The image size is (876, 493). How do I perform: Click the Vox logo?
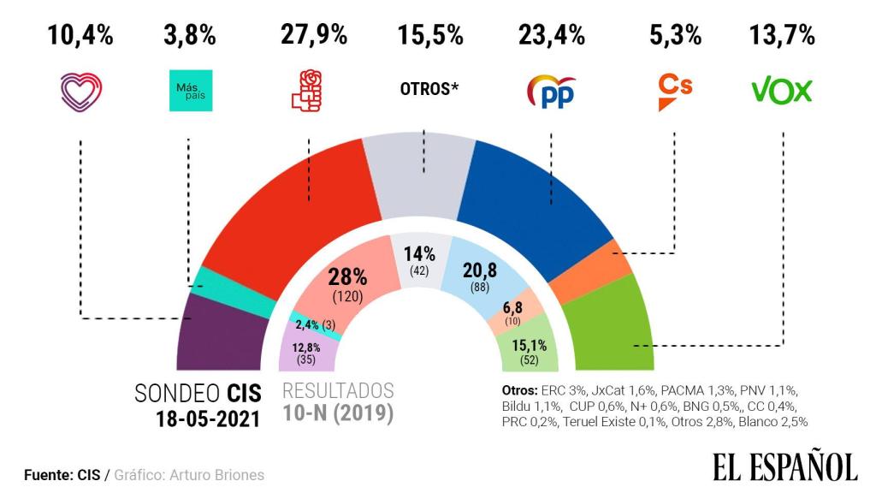pyautogui.click(x=781, y=90)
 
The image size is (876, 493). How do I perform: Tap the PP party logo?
pyautogui.click(x=551, y=91)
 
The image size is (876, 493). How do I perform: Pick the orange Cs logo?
pyautogui.click(x=674, y=91)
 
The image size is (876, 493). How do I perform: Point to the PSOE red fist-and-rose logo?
pyautogui.click(x=305, y=91)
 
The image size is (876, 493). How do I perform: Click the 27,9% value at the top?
pyautogui.click(x=314, y=35)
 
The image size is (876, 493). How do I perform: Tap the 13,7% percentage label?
pyautogui.click(x=782, y=35)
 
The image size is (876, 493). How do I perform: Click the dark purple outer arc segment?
pyautogui.click(x=218, y=334)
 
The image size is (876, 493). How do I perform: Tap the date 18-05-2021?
pyautogui.click(x=205, y=419)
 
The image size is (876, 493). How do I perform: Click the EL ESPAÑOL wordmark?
pyautogui.click(x=784, y=467)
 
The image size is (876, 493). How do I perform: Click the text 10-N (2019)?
pyautogui.click(x=338, y=415)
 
